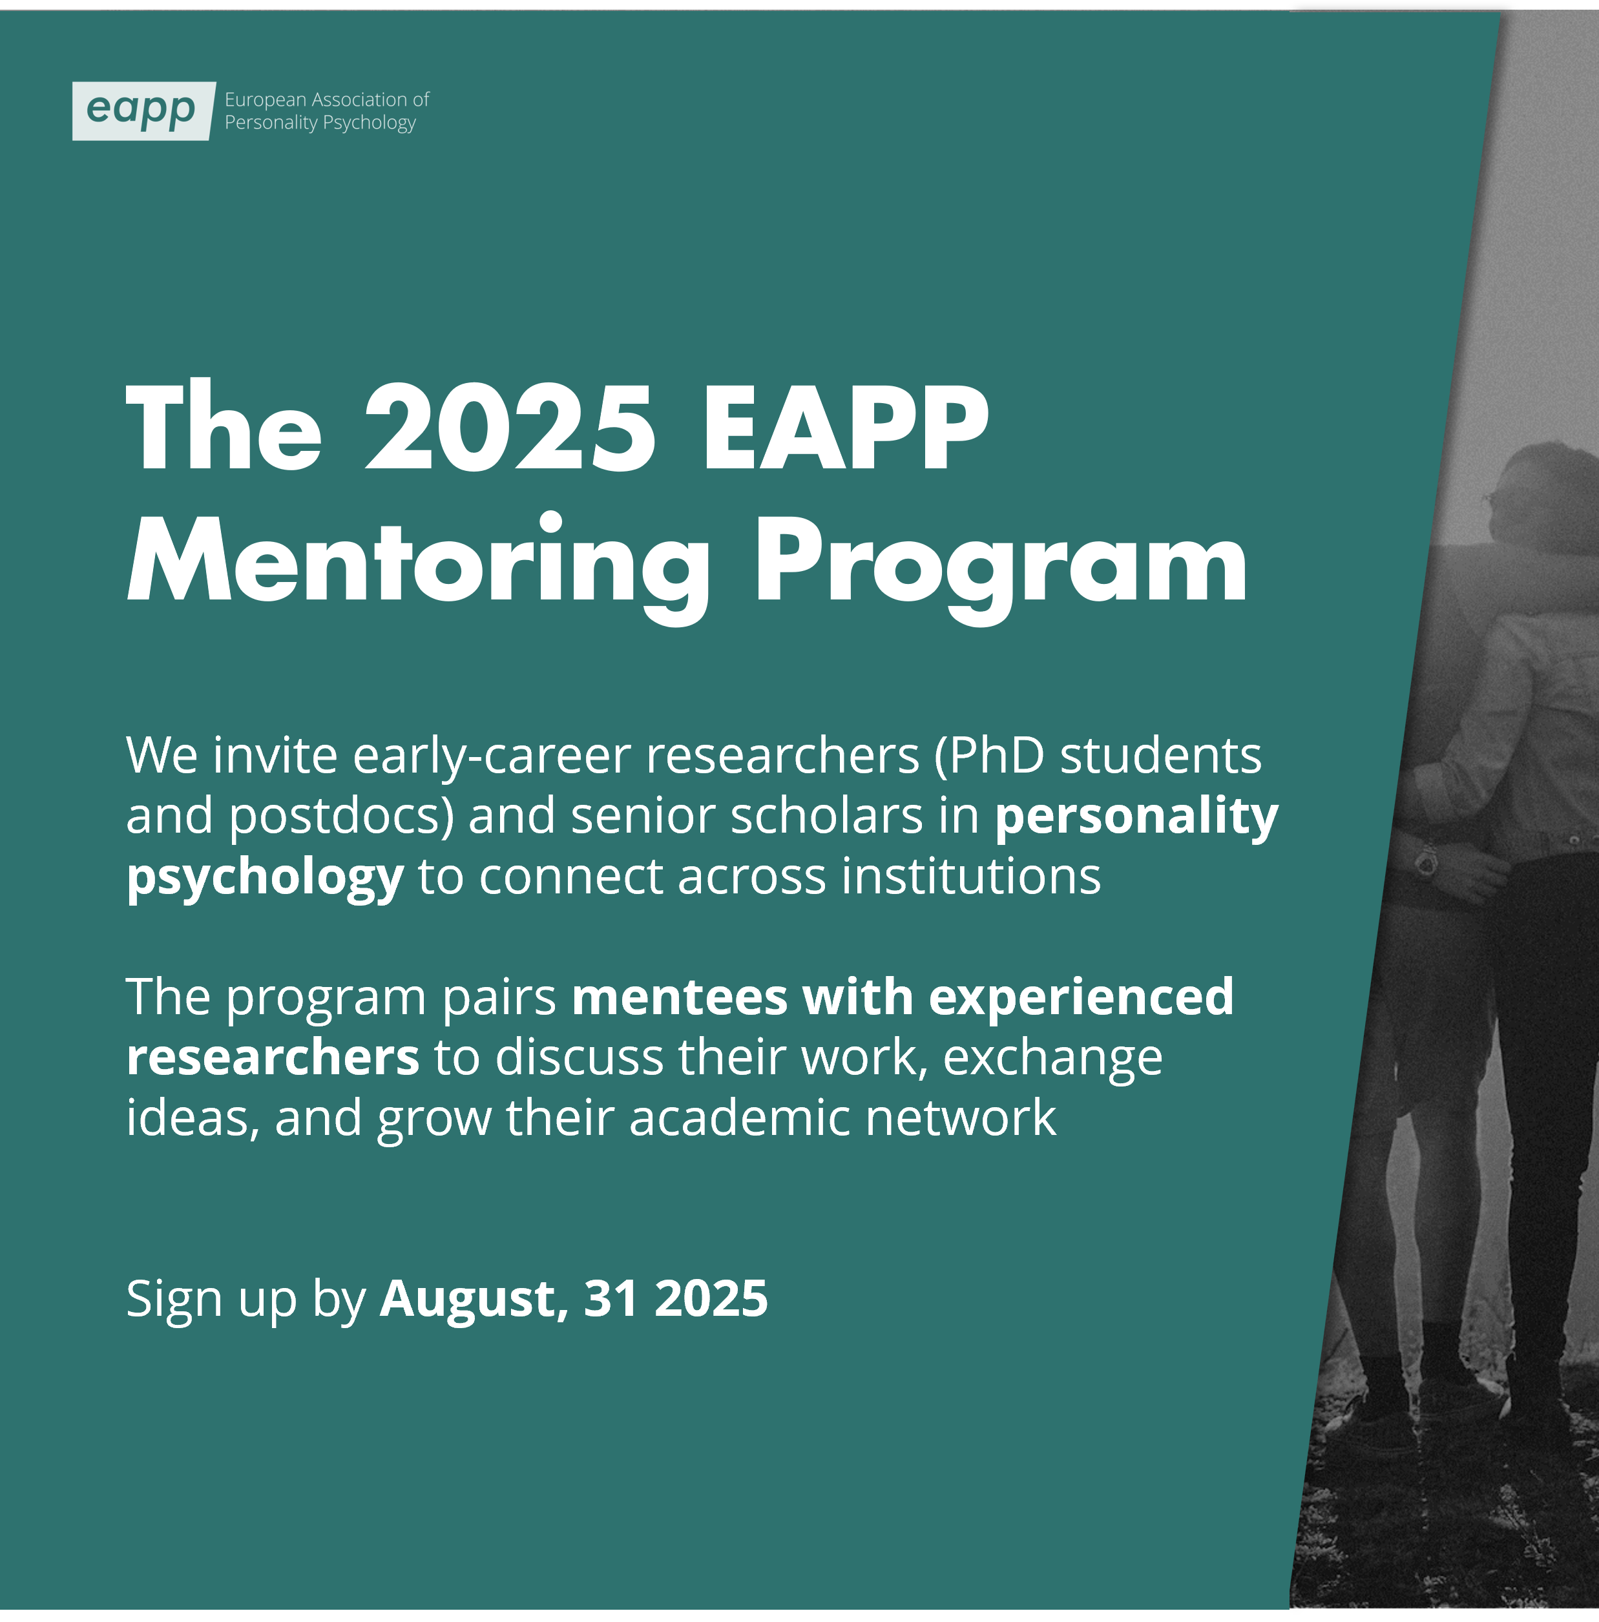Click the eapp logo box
click(x=143, y=111)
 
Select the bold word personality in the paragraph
click(x=1136, y=817)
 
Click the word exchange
click(x=1053, y=1059)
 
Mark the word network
click(x=961, y=1118)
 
